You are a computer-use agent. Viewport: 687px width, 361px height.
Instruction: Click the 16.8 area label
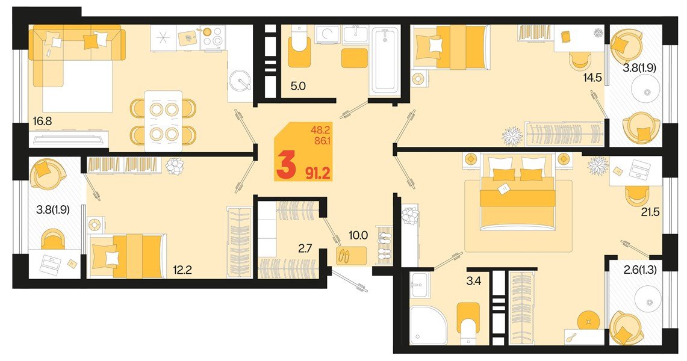tap(42, 120)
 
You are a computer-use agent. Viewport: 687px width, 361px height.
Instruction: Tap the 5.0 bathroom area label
tap(298, 86)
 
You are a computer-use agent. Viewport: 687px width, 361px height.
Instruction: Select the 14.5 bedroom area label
tap(592, 78)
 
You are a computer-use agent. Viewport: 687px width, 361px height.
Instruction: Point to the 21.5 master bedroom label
tap(650, 212)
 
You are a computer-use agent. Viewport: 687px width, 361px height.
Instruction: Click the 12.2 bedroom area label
tap(182, 270)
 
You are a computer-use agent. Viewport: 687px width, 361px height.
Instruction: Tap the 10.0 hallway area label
tap(358, 235)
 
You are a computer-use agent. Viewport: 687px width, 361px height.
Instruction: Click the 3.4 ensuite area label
tap(474, 280)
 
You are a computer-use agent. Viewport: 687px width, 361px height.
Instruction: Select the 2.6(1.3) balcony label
tap(640, 270)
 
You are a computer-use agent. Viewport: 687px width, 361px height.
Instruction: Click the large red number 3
tap(285, 167)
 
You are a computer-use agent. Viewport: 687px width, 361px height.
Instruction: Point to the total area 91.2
tap(318, 174)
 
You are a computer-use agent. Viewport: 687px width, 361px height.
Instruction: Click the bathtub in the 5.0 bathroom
tap(385, 61)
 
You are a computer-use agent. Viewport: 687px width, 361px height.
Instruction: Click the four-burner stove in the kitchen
tap(213, 37)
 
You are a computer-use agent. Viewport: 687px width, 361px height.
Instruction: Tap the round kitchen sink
tap(240, 81)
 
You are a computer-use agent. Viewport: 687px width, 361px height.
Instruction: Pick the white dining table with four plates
tap(163, 121)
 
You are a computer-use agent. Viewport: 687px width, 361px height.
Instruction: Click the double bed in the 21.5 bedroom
tap(518, 192)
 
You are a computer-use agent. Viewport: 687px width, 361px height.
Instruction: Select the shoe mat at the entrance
tap(352, 256)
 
